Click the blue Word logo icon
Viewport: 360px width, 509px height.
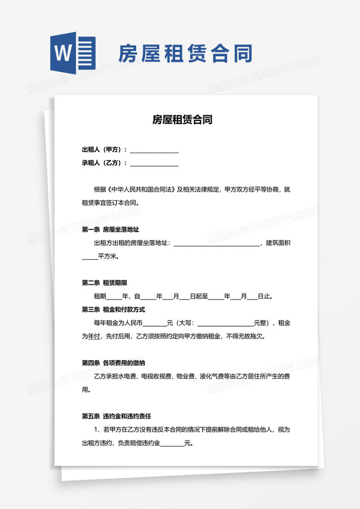point(73,53)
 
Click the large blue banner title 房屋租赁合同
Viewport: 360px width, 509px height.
point(185,54)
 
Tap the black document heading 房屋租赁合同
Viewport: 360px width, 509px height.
point(182,120)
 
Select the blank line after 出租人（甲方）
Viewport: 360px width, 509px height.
point(154,150)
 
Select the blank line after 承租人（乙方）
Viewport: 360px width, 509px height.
point(154,163)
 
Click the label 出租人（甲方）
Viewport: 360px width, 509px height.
point(104,150)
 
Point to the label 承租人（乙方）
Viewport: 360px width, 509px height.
point(104,163)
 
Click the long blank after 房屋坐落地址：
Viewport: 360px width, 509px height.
point(216,243)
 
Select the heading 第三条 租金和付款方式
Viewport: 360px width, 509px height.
point(114,309)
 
